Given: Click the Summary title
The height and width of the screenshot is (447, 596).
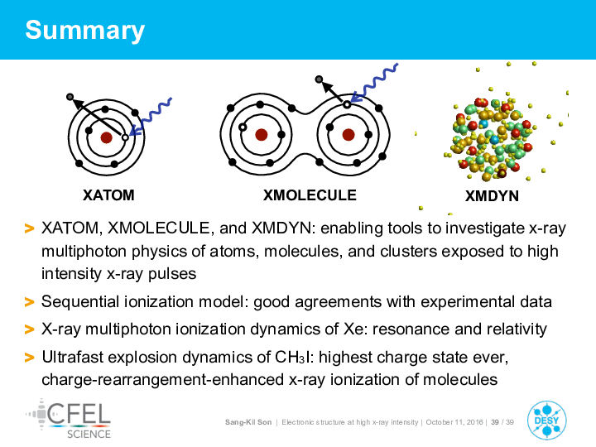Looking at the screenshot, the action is tap(84, 31).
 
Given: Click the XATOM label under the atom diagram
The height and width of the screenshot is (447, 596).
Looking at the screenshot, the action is tap(108, 195).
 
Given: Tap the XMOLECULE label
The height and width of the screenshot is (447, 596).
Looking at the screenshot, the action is tap(310, 195).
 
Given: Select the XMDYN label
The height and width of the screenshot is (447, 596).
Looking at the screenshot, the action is tap(492, 196).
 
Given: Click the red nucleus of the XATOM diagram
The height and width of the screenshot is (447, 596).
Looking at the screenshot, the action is tap(107, 137).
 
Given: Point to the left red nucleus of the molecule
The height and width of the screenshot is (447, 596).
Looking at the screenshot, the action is tap(261, 135).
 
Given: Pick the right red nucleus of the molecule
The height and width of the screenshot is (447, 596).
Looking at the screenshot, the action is tap(348, 135).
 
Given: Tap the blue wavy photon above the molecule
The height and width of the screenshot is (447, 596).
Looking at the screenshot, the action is tap(374, 83).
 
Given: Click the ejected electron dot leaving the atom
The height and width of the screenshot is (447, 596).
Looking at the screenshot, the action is tap(70, 97).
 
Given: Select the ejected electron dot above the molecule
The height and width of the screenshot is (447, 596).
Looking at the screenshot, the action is tap(319, 79).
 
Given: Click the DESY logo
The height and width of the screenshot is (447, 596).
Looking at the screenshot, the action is tap(547, 421).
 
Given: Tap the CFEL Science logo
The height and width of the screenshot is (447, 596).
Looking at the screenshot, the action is tap(69, 419).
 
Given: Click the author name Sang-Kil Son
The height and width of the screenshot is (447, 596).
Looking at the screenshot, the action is tap(248, 422).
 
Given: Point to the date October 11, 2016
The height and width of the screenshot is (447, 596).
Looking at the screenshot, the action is tap(454, 422).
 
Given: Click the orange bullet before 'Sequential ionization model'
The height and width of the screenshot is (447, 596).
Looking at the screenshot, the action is tap(29, 302).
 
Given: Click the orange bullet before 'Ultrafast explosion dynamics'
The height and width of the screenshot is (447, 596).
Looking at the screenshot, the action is tap(29, 358).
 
